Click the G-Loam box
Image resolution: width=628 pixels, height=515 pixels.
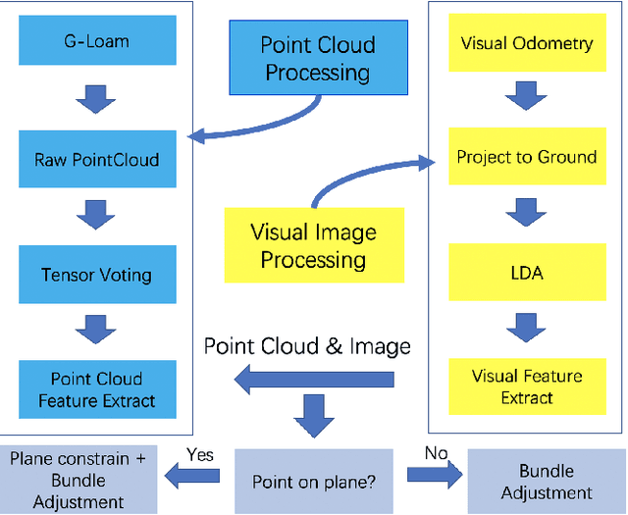click(96, 43)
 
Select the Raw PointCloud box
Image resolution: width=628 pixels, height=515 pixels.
click(96, 160)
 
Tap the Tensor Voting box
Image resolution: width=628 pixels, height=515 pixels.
click(96, 275)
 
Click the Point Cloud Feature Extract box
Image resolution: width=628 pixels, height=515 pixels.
click(96, 389)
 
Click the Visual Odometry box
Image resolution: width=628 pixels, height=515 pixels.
click(526, 43)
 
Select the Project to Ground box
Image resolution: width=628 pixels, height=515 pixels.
click(526, 157)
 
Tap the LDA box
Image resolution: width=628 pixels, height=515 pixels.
click(526, 272)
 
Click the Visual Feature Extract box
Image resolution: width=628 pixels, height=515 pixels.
click(526, 386)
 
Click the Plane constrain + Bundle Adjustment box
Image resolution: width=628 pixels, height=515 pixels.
click(78, 481)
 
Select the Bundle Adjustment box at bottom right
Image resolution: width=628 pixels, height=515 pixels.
click(547, 481)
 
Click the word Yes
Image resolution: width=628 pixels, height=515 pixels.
click(199, 454)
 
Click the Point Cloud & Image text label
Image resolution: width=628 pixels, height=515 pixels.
click(307, 345)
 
